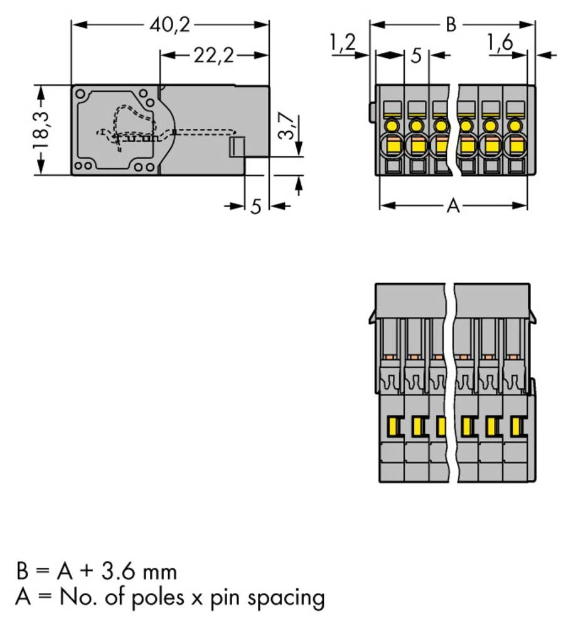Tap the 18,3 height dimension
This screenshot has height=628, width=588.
[41, 130]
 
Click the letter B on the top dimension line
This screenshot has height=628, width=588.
[451, 25]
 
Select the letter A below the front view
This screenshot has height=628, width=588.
[452, 205]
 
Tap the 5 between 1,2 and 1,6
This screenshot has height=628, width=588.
[415, 56]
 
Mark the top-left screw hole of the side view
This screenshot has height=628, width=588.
[81, 94]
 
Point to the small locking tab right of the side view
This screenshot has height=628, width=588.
[235, 148]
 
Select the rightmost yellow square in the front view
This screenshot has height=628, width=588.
[515, 147]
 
